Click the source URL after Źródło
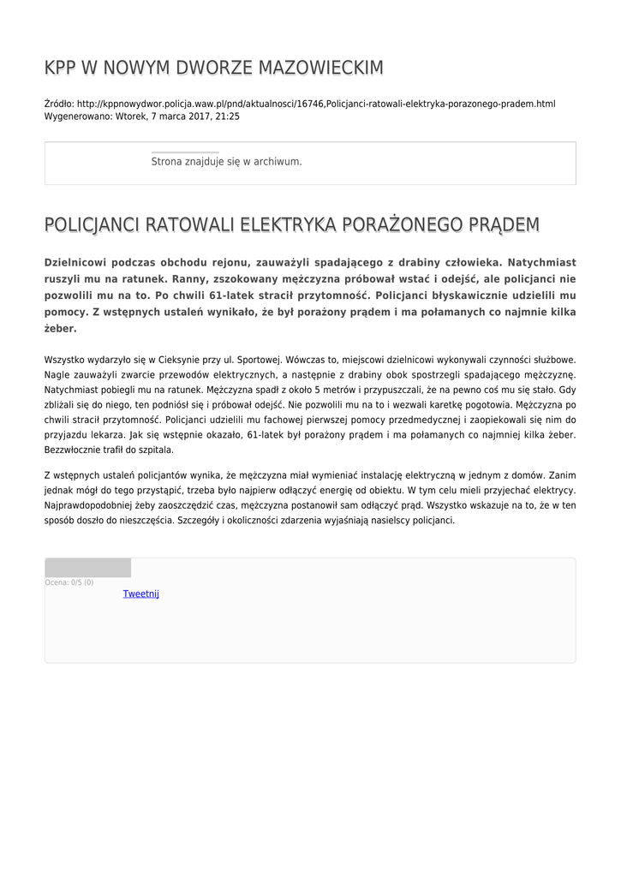pyautogui.click(x=316, y=104)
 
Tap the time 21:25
pyautogui.click(x=228, y=116)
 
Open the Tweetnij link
pyautogui.click(x=141, y=594)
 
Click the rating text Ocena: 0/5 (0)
pyautogui.click(x=69, y=582)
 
